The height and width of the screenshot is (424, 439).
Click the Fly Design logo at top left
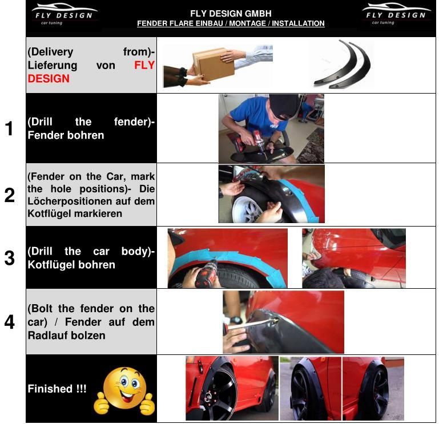coord(65,14)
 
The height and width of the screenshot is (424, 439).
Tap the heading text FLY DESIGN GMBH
coord(231,14)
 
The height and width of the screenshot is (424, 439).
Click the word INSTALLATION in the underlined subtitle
coord(298,23)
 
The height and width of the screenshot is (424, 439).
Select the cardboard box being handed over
coord(214,63)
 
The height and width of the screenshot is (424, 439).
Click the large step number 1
coord(10,128)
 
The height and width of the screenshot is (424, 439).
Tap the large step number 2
coord(10,195)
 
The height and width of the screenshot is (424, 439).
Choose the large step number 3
coord(10,258)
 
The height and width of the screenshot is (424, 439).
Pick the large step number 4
coord(10,322)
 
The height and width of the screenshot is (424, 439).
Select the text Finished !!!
coord(57,389)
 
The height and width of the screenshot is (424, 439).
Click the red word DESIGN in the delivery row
coord(49,79)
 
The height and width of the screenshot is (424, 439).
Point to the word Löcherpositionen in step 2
coord(78,201)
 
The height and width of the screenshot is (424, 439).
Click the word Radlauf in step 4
coord(45,336)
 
